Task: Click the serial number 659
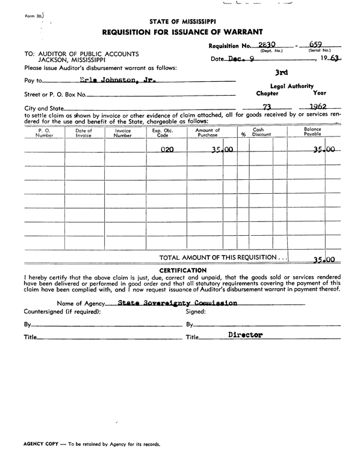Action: click(314, 45)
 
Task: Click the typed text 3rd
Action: click(281, 72)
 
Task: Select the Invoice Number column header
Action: click(123, 132)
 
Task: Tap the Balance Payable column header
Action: click(312, 132)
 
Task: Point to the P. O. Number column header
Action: click(44, 132)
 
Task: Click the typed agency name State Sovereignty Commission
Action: click(178, 303)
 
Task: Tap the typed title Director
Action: click(246, 335)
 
